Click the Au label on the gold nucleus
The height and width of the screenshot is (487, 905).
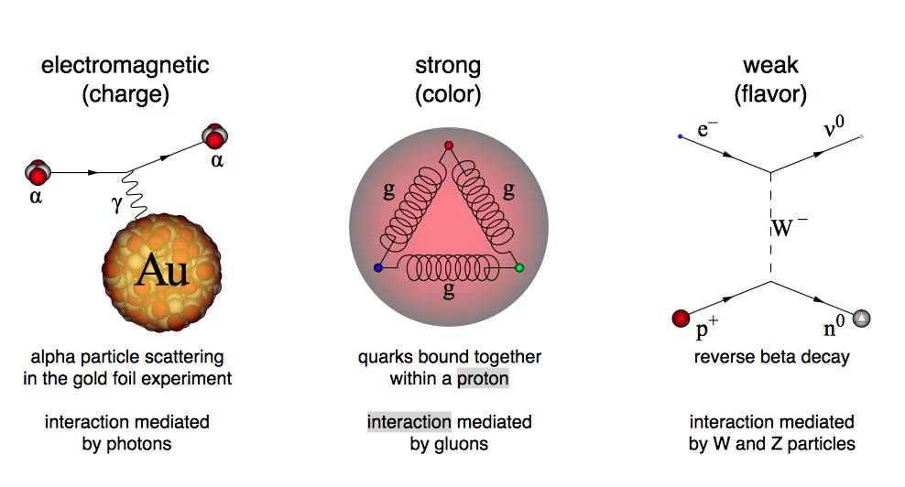(162, 271)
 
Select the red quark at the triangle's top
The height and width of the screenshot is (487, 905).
(448, 146)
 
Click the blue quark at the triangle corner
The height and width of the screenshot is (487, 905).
(377, 267)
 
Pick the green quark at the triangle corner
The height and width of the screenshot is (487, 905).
(519, 267)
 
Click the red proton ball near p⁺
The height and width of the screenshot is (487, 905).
(681, 319)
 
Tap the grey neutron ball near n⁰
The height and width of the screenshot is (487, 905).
(861, 319)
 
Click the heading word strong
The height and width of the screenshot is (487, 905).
(448, 66)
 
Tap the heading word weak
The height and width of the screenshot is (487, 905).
(770, 66)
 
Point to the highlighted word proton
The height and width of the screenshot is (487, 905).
(483, 378)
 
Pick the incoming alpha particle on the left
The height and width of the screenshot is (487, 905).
(38, 171)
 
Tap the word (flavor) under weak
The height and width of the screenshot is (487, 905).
(770, 93)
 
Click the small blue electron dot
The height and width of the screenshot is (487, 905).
(680, 136)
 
